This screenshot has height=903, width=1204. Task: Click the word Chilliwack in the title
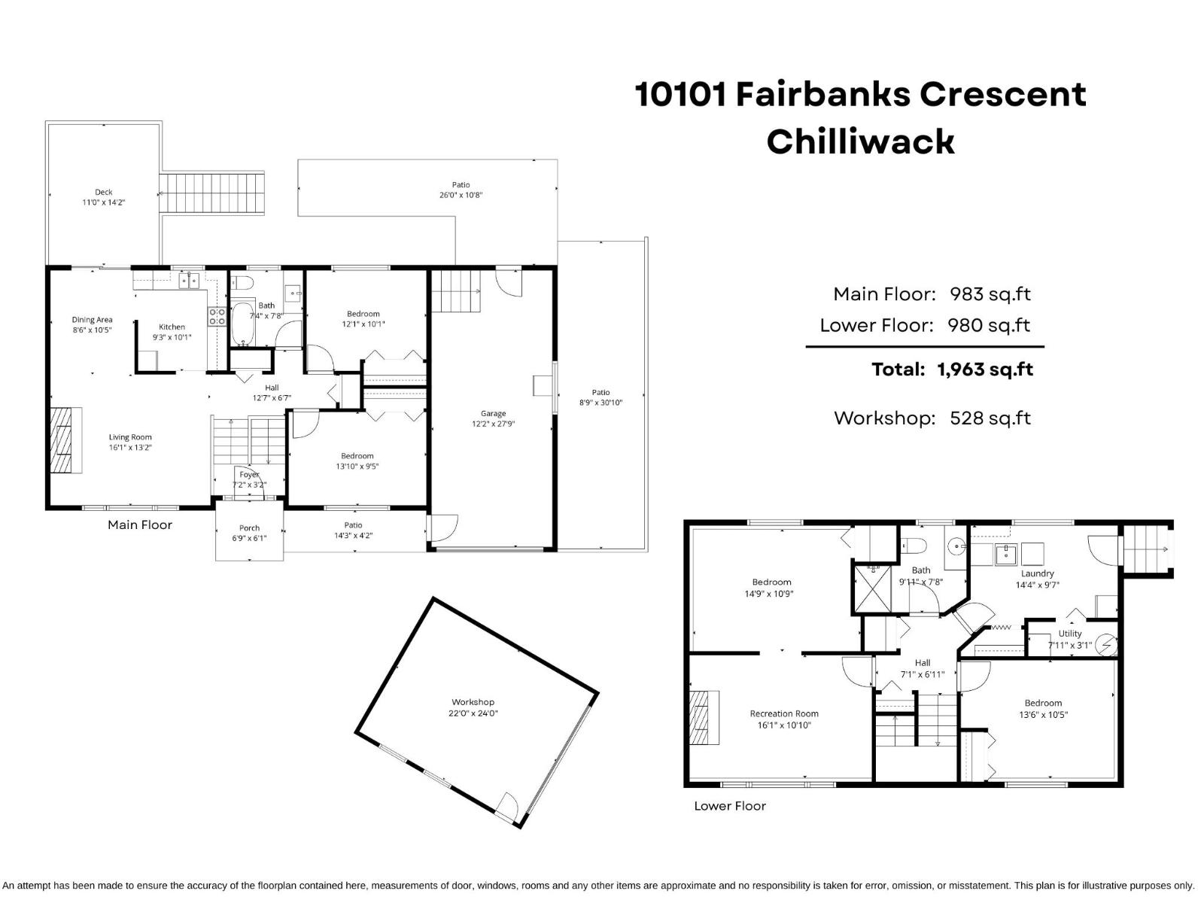(860, 141)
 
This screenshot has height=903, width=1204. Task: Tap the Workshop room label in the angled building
(473, 707)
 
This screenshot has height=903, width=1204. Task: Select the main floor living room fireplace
(65, 441)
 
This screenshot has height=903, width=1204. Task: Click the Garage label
(494, 418)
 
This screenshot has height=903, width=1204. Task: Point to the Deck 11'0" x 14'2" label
(104, 197)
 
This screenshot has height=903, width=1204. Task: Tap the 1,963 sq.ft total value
(984, 369)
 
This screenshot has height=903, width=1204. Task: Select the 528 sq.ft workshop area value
(990, 418)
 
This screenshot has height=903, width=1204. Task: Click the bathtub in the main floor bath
(242, 324)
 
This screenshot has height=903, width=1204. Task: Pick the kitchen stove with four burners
(217, 316)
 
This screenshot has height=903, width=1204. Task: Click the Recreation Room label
(784, 719)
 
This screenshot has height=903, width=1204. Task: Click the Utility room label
(1069, 639)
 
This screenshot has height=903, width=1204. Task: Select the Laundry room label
(1037, 579)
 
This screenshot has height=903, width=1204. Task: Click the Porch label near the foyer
(249, 533)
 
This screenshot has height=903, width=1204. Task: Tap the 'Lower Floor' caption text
(729, 806)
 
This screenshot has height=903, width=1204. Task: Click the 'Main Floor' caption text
(140, 525)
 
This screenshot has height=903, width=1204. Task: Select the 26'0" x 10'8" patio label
(461, 190)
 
